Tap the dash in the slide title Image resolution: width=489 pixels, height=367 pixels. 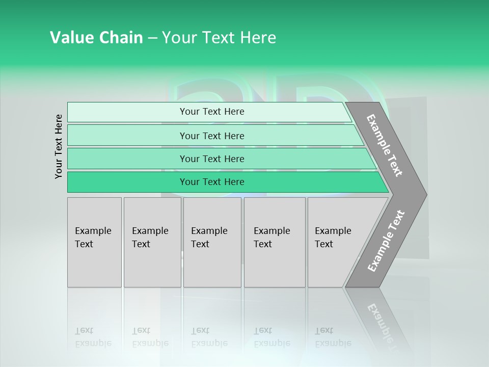[152, 38]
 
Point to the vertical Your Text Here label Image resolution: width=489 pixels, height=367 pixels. [59, 147]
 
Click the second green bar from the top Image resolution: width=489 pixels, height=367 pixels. [212, 136]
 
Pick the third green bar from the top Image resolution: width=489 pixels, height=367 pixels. [212, 159]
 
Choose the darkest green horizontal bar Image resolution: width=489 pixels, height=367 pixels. [212, 182]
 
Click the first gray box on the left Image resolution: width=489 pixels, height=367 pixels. [94, 242]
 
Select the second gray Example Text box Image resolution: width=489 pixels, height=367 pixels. [152, 242]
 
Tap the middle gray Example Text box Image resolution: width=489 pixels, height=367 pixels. [212, 242]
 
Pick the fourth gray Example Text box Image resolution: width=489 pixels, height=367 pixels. [275, 242]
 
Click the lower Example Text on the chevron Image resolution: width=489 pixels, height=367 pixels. [386, 241]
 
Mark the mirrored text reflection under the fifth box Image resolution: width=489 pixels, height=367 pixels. [333, 337]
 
